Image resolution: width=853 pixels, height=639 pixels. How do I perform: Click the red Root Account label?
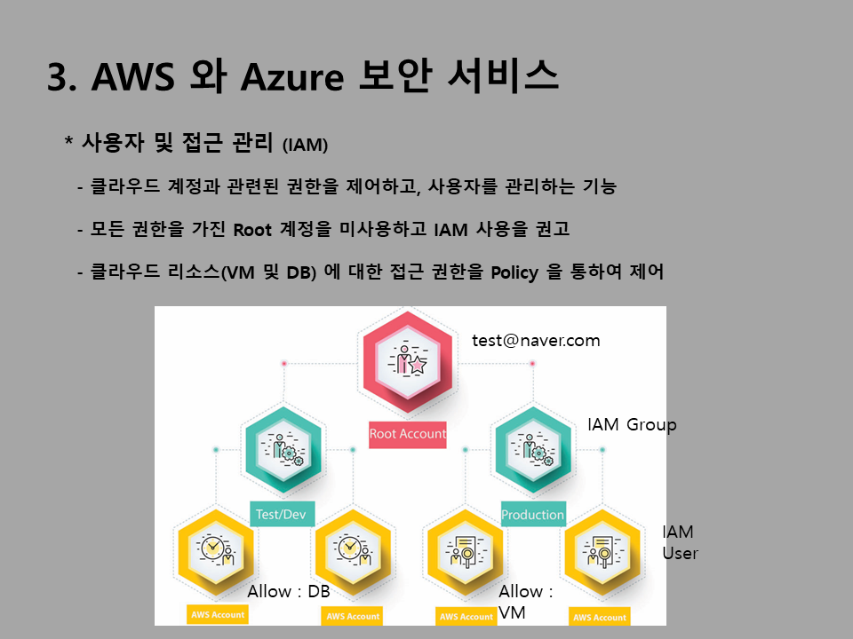tap(408, 434)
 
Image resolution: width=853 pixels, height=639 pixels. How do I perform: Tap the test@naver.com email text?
tap(536, 340)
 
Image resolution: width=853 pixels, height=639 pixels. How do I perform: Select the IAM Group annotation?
tap(632, 424)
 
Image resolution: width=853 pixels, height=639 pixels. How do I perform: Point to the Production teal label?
tap(532, 515)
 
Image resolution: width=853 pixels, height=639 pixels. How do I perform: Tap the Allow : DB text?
tap(289, 591)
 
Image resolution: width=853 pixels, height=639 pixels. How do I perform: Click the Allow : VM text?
tap(525, 601)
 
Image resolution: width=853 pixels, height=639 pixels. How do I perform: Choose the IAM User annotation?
tap(680, 542)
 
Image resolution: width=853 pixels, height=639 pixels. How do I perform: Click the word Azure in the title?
tap(290, 77)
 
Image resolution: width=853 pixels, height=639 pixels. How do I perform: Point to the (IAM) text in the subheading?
tap(305, 145)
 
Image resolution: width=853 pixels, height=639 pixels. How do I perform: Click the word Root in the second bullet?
tap(251, 230)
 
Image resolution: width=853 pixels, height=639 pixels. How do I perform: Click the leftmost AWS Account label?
tap(217, 614)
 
